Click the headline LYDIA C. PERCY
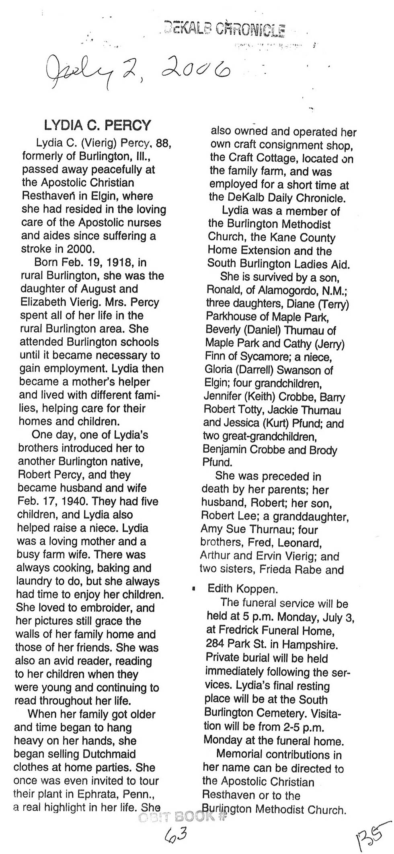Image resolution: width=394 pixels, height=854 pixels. point(97,126)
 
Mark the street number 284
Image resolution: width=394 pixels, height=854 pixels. point(214,644)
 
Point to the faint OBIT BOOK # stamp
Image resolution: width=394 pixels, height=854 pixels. point(183,817)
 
